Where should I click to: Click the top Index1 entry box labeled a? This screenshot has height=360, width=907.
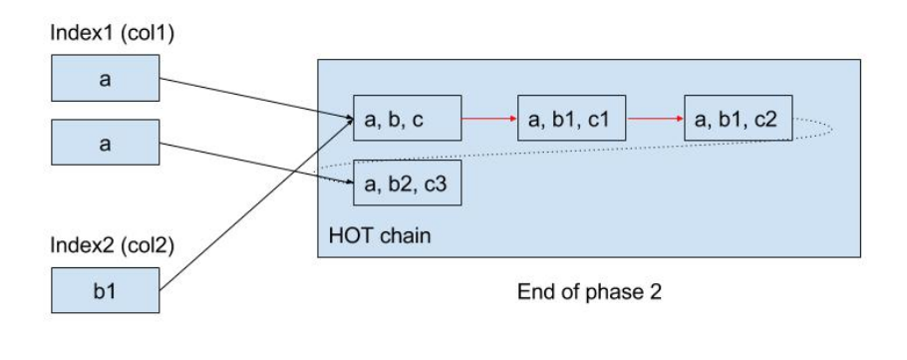104,79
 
